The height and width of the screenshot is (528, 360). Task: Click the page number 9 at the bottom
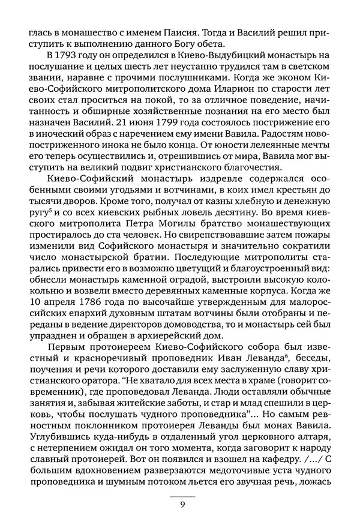182,505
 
